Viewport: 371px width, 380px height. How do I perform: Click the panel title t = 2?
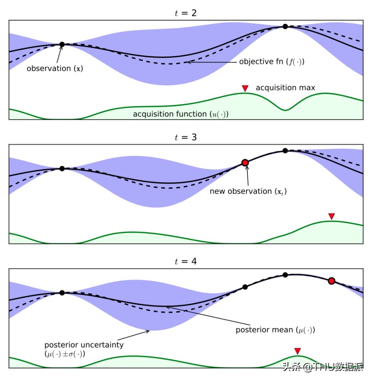(x=185, y=13)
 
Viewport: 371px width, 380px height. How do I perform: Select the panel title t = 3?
(x=185, y=137)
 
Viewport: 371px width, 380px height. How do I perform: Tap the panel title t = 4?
(x=185, y=262)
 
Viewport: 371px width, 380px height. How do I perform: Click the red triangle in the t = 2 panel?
(x=245, y=88)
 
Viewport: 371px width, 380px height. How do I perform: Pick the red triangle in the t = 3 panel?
(x=331, y=216)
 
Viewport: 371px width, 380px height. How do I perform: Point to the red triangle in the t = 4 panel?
(x=297, y=351)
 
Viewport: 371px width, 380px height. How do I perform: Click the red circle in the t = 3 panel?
(x=245, y=162)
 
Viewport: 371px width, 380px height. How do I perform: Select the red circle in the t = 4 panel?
(x=331, y=281)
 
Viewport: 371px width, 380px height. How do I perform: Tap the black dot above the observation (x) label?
(x=62, y=44)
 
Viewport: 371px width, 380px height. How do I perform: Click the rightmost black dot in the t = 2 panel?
(x=285, y=27)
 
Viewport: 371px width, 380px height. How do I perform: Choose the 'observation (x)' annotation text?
(x=55, y=68)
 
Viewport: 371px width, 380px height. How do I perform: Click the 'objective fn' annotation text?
(x=272, y=62)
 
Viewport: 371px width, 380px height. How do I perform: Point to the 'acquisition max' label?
(x=285, y=88)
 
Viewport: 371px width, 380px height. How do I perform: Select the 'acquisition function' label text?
(x=181, y=114)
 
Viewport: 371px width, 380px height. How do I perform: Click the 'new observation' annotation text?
(x=248, y=191)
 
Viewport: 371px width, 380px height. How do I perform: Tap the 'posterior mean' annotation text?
(x=275, y=330)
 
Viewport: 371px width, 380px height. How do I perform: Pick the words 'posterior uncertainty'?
(x=84, y=345)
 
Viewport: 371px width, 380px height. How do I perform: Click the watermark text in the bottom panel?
(x=323, y=367)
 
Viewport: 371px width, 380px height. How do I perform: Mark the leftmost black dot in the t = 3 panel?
(x=62, y=168)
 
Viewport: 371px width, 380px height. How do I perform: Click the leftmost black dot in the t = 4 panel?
(x=62, y=293)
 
